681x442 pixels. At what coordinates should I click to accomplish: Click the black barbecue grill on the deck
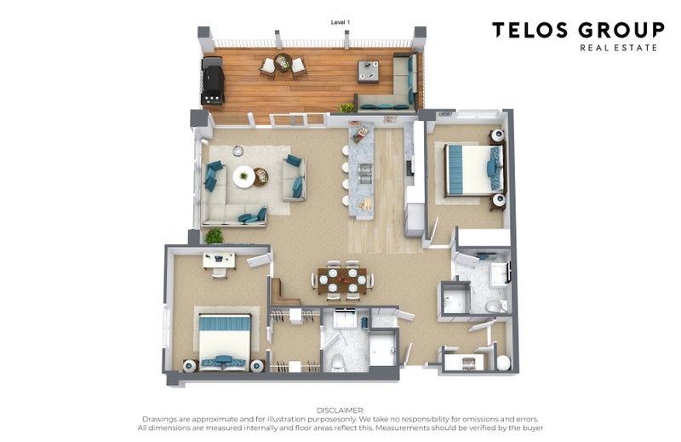tap(212, 81)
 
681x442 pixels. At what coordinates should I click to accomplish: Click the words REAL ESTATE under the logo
tap(619, 48)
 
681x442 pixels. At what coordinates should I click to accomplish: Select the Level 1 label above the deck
tap(340, 22)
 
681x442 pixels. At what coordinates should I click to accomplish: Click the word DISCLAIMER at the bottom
tap(340, 410)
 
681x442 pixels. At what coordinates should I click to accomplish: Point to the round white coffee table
tap(243, 176)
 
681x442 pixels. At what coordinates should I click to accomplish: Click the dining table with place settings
tap(342, 281)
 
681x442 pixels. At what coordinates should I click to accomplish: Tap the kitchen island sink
tap(365, 173)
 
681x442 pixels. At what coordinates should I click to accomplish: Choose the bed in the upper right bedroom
tap(475, 169)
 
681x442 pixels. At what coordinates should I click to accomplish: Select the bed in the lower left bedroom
tap(225, 342)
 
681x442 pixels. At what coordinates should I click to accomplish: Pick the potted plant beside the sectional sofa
tap(214, 236)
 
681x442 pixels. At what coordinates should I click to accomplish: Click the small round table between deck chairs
tap(283, 62)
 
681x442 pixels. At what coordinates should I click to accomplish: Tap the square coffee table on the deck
tap(369, 72)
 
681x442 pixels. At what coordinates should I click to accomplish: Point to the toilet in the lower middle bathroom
tap(337, 363)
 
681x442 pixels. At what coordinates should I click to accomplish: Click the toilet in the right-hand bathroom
tap(495, 306)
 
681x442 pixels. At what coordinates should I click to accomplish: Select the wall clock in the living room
tap(237, 152)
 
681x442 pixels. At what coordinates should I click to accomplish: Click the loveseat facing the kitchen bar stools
tap(294, 178)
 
